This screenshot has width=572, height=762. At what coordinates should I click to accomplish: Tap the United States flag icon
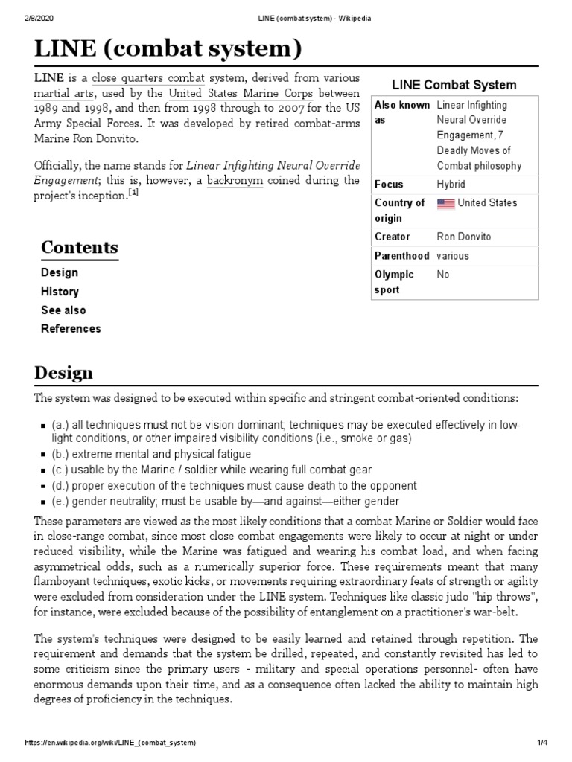click(x=445, y=203)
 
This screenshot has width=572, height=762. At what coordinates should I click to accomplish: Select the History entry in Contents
click(x=60, y=292)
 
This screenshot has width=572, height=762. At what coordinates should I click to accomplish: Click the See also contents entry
click(x=63, y=310)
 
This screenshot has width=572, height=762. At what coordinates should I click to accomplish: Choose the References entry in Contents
click(x=71, y=328)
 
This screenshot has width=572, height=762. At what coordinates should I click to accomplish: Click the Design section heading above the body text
click(x=63, y=372)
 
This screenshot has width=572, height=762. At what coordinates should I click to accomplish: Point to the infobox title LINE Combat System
click(x=454, y=85)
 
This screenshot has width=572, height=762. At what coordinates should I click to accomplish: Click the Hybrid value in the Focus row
click(x=451, y=185)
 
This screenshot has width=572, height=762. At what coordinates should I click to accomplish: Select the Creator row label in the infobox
click(x=392, y=237)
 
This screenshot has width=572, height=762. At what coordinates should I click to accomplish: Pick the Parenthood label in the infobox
click(x=401, y=255)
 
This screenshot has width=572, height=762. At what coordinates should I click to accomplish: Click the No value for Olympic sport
click(x=444, y=274)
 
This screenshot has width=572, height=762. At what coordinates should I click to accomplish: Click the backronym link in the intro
click(x=235, y=180)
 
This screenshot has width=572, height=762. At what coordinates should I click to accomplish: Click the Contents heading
click(x=79, y=247)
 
